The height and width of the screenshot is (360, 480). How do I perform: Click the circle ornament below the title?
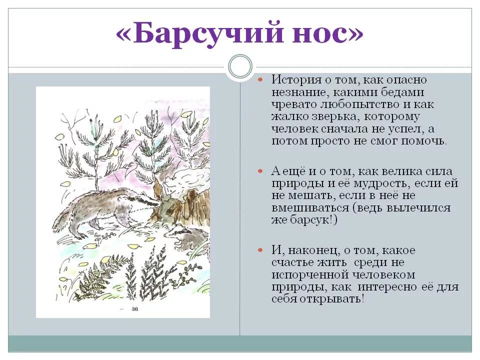(240, 67)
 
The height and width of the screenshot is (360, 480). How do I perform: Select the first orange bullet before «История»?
(260, 80)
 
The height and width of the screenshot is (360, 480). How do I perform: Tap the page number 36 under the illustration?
(134, 309)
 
